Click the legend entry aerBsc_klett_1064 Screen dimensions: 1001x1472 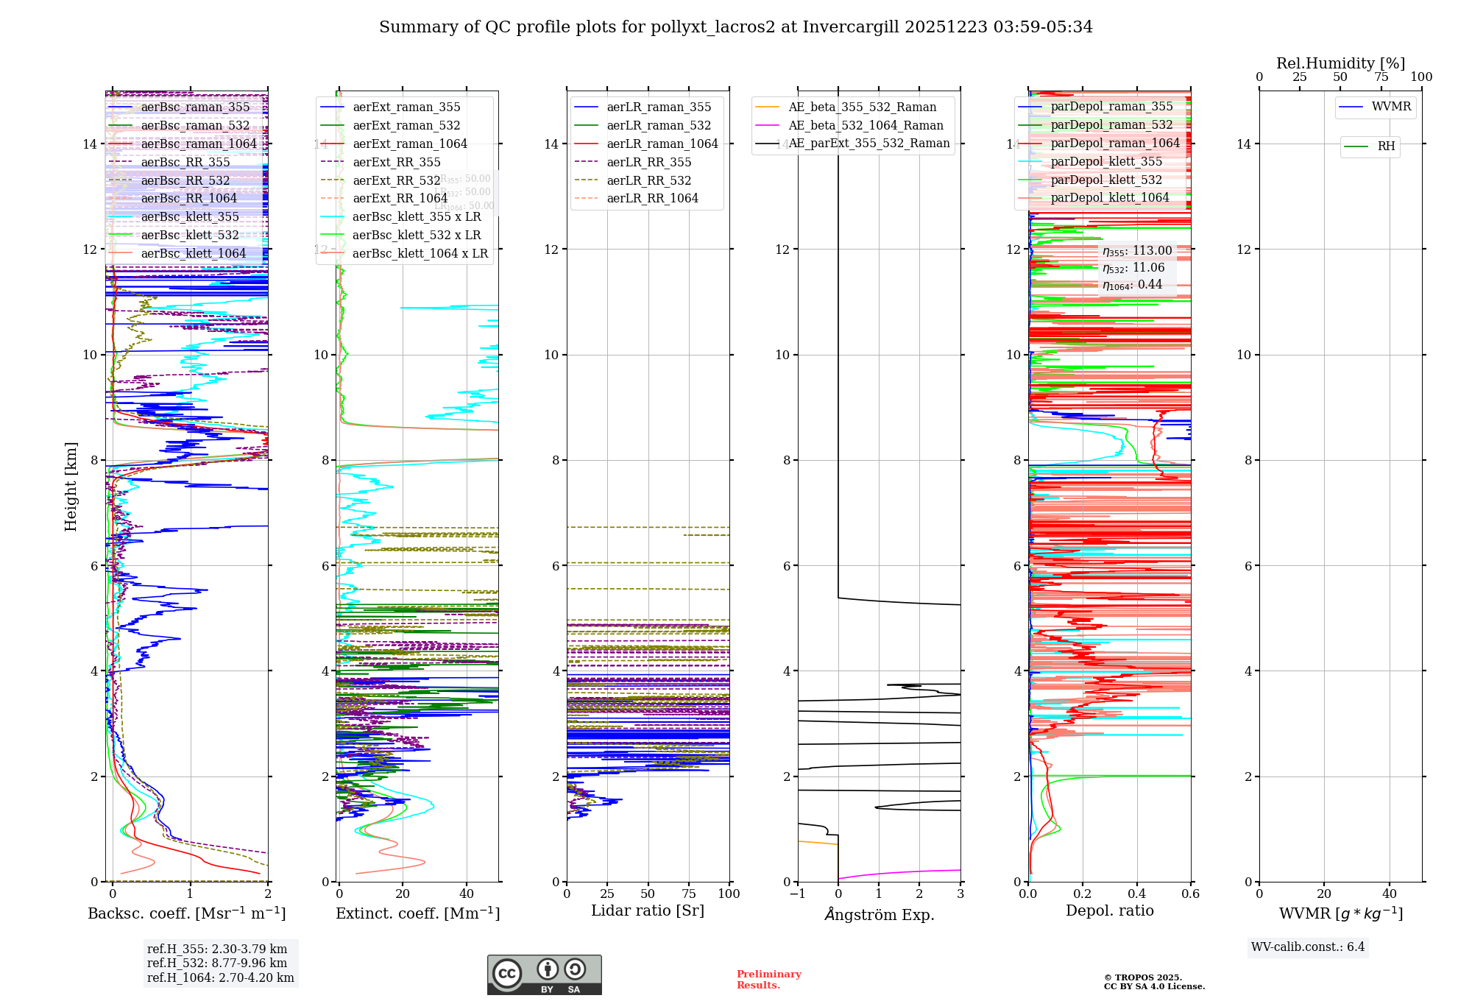coord(193,253)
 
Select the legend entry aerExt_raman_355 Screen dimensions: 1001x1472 coord(406,107)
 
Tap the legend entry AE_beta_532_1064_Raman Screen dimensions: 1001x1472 coord(866,125)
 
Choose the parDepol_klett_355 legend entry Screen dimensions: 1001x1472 coord(1106,161)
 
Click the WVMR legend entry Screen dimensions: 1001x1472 coord(1391,107)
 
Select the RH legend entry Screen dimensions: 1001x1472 coord(1386,146)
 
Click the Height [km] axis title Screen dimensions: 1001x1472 coord(71,486)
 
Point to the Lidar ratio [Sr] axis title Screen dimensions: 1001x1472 coord(648,910)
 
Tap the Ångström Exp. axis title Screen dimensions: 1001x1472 coord(880,914)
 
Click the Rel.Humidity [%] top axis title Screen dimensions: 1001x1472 coord(1340,63)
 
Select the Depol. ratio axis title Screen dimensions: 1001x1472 coord(1110,910)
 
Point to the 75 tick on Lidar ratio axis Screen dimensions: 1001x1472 coord(689,894)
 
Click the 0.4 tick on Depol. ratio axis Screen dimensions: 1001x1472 coord(1137,894)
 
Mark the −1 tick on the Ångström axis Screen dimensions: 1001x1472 coord(797,894)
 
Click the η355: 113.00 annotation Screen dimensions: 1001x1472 coord(1137,251)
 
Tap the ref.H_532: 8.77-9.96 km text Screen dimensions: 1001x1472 coord(217,963)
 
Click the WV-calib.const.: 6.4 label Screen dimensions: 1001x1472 coord(1308,947)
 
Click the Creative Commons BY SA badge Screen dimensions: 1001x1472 coord(544,975)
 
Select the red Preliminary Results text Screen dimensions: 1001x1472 coord(768,979)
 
